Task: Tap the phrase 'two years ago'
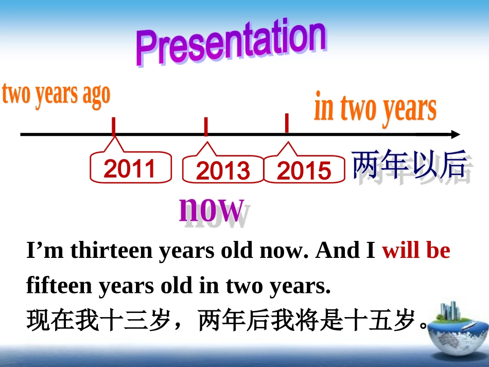tap(56, 95)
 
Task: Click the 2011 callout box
tap(130, 168)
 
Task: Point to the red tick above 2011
tap(113, 126)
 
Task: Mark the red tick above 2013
tap(206, 126)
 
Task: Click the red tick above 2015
tap(287, 124)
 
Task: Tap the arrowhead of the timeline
tap(455, 134)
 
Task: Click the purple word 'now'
tap(211, 208)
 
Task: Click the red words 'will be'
tap(416, 251)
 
